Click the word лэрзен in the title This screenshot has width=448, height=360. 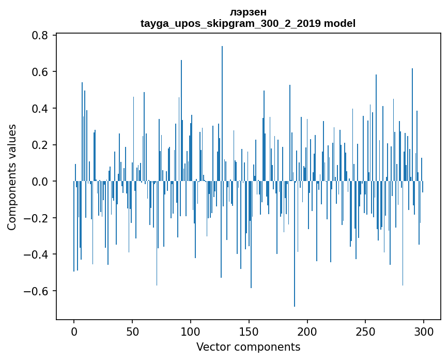pos(248,12)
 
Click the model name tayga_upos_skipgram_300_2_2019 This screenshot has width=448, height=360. pos(230,23)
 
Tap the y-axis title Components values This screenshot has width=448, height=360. pos(12,177)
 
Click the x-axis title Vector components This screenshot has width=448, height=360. pos(248,347)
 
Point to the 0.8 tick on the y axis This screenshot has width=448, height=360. pos(40,35)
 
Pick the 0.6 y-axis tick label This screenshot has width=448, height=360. pos(40,71)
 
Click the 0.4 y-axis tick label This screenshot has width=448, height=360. pos(40,109)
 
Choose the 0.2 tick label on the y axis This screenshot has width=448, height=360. pos(40,145)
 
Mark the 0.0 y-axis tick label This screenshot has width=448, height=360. pos(40,181)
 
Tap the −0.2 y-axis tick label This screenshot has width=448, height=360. pos(36,218)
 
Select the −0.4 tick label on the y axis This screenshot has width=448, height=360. pos(36,254)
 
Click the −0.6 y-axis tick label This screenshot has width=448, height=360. pos(36,291)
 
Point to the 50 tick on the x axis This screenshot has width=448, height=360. pos(132,332)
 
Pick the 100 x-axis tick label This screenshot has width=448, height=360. pos(191,332)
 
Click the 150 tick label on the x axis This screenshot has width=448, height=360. pos(249,332)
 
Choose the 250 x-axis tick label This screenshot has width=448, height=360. pos(365,332)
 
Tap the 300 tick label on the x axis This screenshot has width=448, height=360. pos(424,332)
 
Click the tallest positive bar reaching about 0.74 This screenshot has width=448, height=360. pos(222,113)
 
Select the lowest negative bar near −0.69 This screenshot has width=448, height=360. pos(295,244)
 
